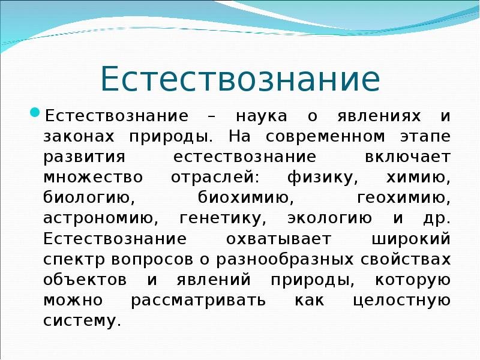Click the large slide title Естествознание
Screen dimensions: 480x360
point(241,78)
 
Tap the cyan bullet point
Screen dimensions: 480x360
point(35,112)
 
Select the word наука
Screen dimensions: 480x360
point(262,116)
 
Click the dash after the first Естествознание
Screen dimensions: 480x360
point(211,117)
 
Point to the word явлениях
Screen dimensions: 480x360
point(379,116)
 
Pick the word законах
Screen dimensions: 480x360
point(79,137)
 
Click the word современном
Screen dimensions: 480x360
point(325,137)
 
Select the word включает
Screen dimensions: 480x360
point(407,157)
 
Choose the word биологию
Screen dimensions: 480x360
point(89,198)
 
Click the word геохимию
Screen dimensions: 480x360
point(404,198)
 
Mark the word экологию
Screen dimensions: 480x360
point(329,218)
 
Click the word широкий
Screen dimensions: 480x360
point(411,239)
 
